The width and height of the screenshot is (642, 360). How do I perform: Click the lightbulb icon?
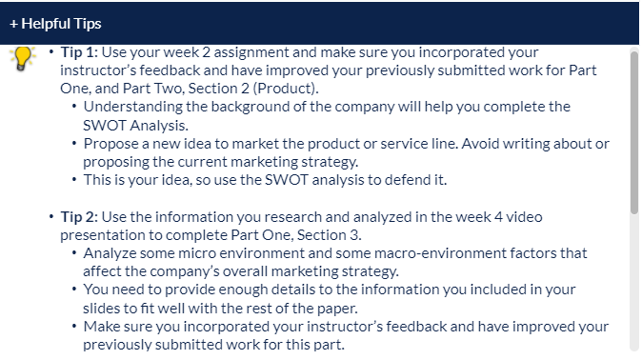[x=23, y=58]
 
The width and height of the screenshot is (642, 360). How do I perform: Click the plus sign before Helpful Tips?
[x=13, y=24]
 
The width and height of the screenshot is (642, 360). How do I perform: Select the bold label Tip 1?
[x=79, y=52]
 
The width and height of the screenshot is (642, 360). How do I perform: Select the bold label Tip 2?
[x=79, y=216]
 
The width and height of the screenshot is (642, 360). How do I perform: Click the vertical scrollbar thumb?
[x=634, y=132]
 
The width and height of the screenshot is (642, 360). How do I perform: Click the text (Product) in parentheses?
[x=286, y=89]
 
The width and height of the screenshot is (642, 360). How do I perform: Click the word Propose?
[x=110, y=144]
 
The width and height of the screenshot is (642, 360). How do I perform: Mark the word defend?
[x=406, y=180]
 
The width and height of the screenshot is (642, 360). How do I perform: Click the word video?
[x=524, y=216]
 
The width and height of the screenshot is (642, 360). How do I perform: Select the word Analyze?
[x=110, y=253]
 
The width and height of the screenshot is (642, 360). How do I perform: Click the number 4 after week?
[x=498, y=216]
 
